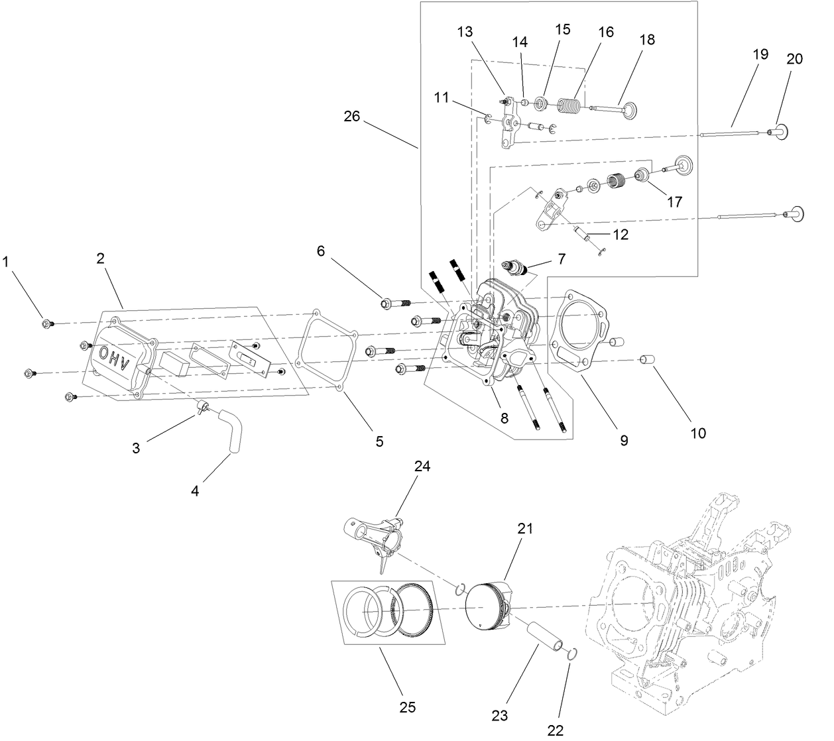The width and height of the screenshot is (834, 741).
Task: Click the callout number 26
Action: click(351, 116)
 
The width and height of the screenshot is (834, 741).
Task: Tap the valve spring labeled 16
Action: click(567, 105)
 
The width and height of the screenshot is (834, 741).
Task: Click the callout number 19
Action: click(760, 54)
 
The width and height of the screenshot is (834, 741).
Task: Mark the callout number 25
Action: click(408, 707)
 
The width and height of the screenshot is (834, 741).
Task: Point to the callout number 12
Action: click(621, 234)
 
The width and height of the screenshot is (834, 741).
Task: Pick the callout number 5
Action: click(379, 441)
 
